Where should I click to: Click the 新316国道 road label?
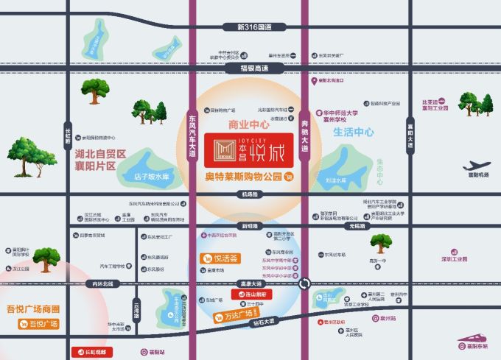click(x=254, y=27)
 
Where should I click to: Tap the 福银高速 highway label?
click(x=255, y=68)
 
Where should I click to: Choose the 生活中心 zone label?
click(x=354, y=133)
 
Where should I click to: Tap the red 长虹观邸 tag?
click(x=91, y=352)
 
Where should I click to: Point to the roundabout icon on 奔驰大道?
click(x=304, y=283)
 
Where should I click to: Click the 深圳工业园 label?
click(x=454, y=259)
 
